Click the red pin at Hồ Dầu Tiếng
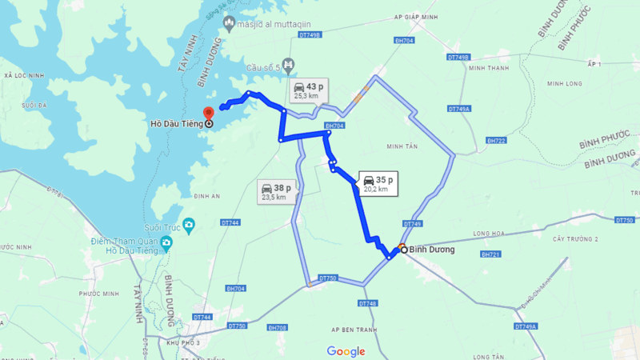tap(208, 113)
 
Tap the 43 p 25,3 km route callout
tap(307, 90)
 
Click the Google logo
tap(346, 351)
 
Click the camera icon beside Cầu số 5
tap(289, 65)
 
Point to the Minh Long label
tap(565, 83)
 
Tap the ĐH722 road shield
tap(496, 141)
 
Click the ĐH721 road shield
tap(490, 254)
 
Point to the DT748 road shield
tap(367, 303)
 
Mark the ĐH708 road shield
tap(278, 327)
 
